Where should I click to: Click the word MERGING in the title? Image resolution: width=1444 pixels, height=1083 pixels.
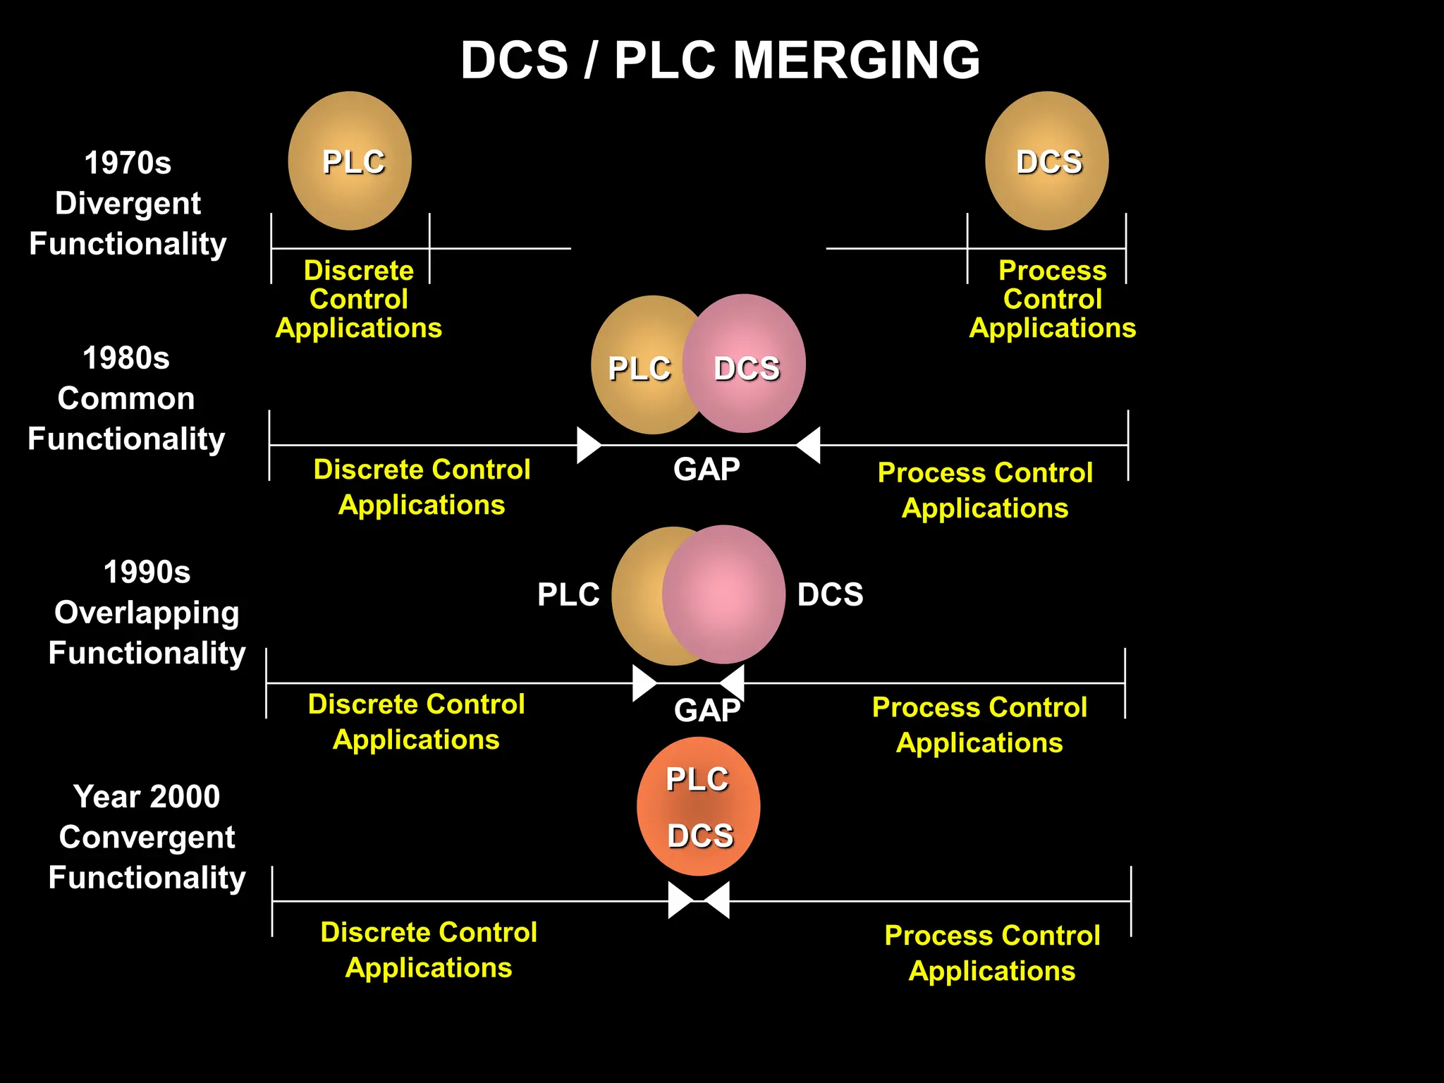point(856,61)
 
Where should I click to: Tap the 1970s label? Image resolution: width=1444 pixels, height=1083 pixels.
point(128,163)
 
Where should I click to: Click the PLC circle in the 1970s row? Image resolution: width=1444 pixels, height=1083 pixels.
point(350,161)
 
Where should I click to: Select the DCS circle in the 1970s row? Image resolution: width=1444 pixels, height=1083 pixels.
point(1047,161)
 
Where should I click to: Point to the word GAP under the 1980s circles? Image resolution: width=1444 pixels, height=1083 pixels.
point(706,470)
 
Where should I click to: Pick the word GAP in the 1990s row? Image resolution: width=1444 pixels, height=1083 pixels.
point(706,710)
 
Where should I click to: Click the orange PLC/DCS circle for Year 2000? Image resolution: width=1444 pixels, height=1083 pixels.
point(698,807)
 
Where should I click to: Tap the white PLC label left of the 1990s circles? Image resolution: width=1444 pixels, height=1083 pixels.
point(568,594)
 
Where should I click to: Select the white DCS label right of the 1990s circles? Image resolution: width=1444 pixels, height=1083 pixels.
point(830,594)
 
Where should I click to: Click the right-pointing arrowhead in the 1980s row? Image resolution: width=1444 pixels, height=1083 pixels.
point(588,446)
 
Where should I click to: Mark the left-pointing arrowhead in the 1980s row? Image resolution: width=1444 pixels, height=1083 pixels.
point(809,446)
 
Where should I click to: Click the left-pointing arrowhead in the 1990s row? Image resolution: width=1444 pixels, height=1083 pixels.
point(733,683)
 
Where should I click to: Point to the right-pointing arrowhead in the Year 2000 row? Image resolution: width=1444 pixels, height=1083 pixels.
point(680,900)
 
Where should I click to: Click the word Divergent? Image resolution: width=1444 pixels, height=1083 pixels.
point(128,204)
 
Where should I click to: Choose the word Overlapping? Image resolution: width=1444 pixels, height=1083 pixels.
point(147,613)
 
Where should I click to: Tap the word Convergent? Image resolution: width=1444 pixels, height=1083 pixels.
point(147,838)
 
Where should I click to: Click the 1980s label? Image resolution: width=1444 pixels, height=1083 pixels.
point(126,358)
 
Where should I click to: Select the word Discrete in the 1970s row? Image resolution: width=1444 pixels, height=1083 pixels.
point(358,271)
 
